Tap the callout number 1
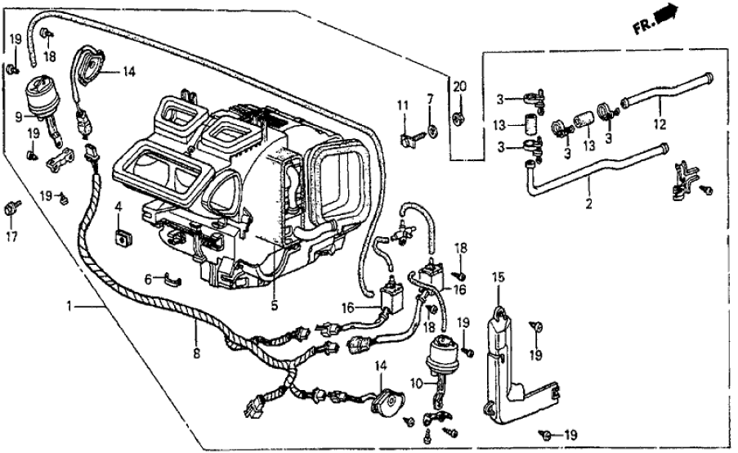pyautogui.click(x=71, y=307)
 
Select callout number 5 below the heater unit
pyautogui.click(x=275, y=307)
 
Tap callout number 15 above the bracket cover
pyautogui.click(x=497, y=278)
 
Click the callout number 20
pyautogui.click(x=458, y=87)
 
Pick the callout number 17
pyautogui.click(x=11, y=238)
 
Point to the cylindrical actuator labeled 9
pyautogui.click(x=38, y=97)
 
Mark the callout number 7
pyautogui.click(x=430, y=100)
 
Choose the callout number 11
pyautogui.click(x=403, y=105)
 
